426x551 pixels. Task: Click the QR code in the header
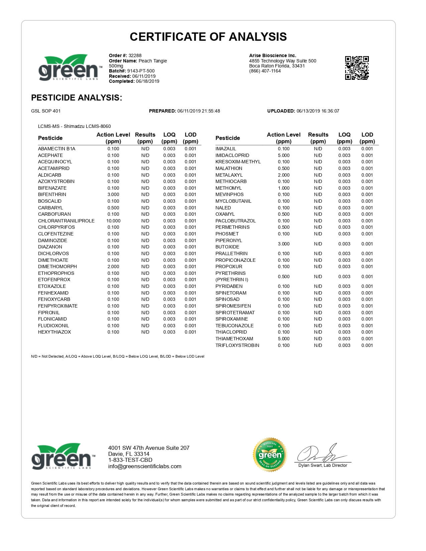(357, 68)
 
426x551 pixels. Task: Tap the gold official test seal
(270, 454)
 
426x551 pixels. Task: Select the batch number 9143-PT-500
(141, 71)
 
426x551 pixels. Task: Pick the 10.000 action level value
(113, 221)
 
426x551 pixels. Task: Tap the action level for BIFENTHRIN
(113, 194)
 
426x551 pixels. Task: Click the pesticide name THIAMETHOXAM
(234, 339)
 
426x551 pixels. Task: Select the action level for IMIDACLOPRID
(284, 155)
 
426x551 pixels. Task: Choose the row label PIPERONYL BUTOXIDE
(229, 244)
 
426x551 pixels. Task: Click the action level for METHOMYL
(284, 188)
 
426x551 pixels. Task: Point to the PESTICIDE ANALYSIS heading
(77, 98)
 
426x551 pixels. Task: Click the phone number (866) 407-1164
(265, 71)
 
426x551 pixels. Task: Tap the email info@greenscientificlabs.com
(145, 467)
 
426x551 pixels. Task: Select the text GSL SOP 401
(46, 111)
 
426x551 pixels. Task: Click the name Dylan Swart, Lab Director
(322, 465)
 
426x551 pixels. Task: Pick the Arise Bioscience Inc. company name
(273, 55)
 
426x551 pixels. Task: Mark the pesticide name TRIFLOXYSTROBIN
(237, 345)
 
